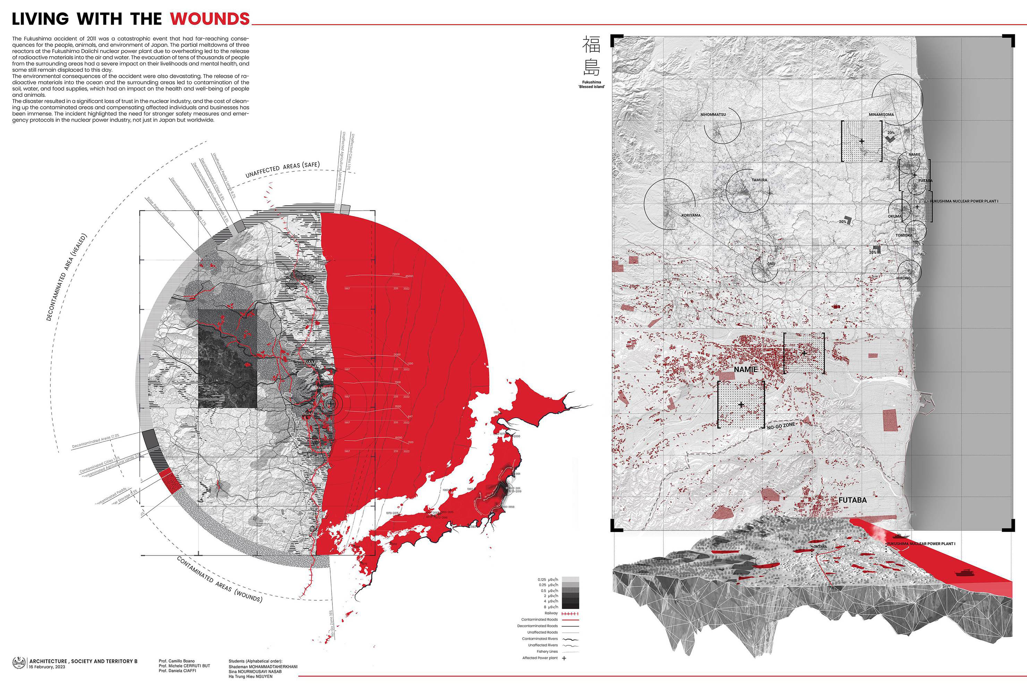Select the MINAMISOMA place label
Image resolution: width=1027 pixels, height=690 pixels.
click(x=881, y=115)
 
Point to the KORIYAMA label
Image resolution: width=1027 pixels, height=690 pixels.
click(x=691, y=215)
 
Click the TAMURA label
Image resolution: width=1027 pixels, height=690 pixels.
click(x=759, y=180)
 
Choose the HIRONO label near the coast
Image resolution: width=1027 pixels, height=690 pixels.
click(x=903, y=278)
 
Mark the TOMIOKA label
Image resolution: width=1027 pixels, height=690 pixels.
click(x=903, y=235)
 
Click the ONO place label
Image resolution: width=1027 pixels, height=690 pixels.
click(x=771, y=264)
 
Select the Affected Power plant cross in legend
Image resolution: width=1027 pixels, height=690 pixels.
click(x=564, y=658)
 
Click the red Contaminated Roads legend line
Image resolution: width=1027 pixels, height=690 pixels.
click(x=570, y=620)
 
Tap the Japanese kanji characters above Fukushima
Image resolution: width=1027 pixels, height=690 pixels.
click(x=591, y=56)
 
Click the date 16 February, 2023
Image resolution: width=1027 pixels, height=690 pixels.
click(x=47, y=667)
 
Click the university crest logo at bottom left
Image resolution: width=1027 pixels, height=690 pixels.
click(x=19, y=663)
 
